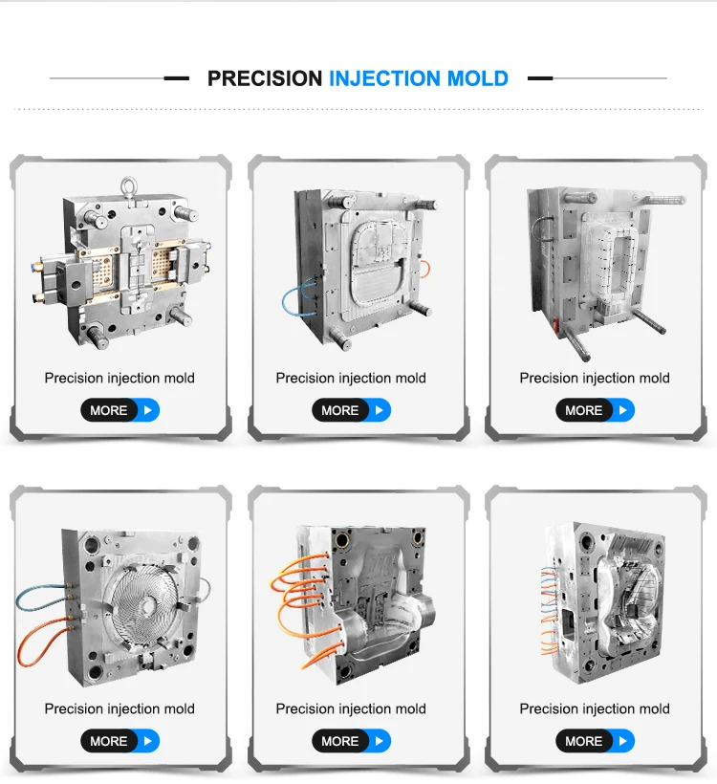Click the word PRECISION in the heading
point(265,78)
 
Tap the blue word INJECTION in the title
point(384,78)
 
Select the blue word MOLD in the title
point(477,78)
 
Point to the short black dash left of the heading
point(177,78)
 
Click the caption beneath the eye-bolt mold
point(119,378)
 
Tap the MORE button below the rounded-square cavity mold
point(351,410)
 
